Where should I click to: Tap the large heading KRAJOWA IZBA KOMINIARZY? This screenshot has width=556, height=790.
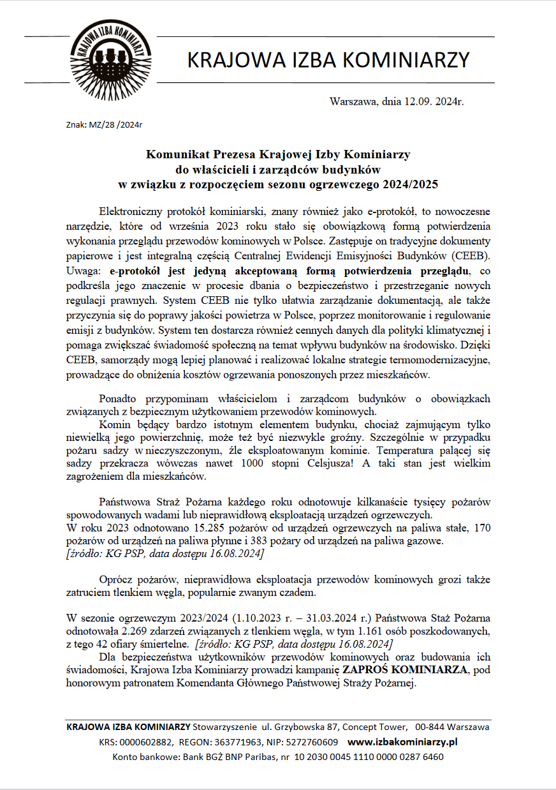[x=328, y=60]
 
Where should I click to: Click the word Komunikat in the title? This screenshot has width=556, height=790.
[x=174, y=154]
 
